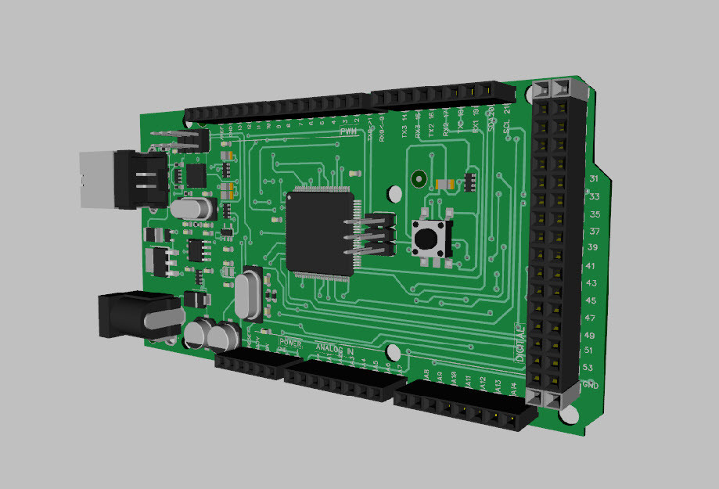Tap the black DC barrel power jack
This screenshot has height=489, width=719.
tap(129, 315)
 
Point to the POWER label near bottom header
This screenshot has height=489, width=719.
tap(290, 343)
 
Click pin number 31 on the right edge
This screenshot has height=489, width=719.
tap(593, 178)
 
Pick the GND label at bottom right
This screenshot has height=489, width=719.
tap(591, 386)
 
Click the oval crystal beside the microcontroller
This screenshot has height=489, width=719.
tap(249, 294)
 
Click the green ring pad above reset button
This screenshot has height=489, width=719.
tap(420, 179)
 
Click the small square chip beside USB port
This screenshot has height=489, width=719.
tap(193, 174)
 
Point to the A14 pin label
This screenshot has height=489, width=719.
tap(513, 387)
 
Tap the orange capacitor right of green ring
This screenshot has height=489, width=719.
tap(443, 183)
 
